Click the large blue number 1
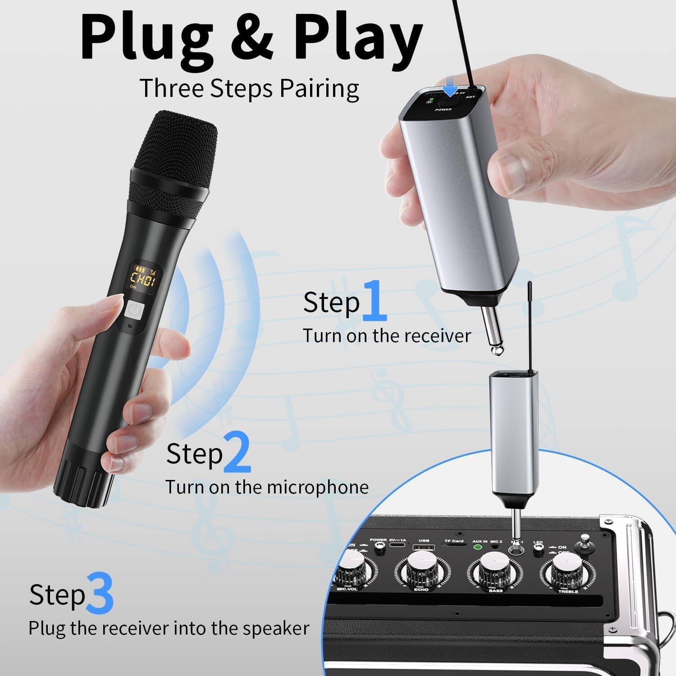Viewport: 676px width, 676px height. coord(374,299)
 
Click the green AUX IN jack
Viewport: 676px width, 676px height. coord(477,548)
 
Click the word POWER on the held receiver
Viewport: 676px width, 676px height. coord(443,110)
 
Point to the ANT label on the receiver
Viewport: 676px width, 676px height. coord(470,97)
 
